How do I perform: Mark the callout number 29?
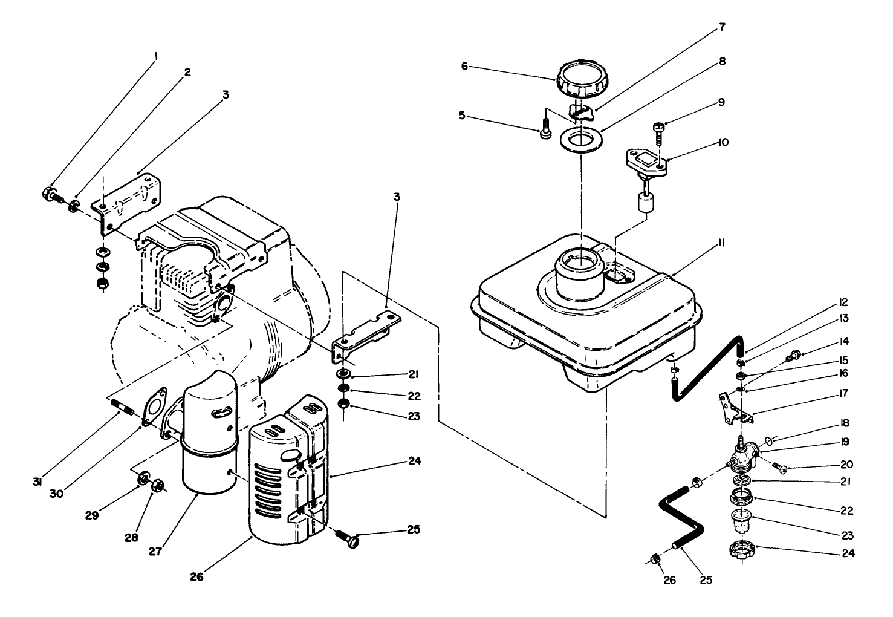92,516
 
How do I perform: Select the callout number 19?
845,442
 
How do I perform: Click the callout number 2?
187,72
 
